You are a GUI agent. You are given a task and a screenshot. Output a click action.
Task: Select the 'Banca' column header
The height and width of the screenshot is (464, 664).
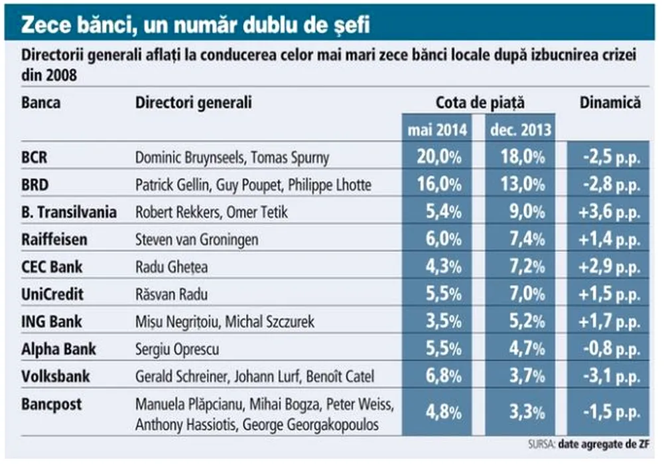click(x=40, y=103)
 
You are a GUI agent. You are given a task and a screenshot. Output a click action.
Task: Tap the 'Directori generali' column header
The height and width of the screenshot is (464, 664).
click(x=194, y=103)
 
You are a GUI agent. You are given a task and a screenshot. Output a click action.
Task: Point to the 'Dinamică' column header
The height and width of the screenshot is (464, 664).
click(x=610, y=103)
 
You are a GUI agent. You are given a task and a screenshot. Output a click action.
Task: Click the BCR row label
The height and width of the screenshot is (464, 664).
click(x=35, y=158)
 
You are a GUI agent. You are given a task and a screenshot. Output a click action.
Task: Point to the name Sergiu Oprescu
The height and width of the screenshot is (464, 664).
click(x=177, y=349)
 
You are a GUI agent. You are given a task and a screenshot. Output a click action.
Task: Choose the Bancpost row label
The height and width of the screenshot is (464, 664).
click(x=50, y=402)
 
